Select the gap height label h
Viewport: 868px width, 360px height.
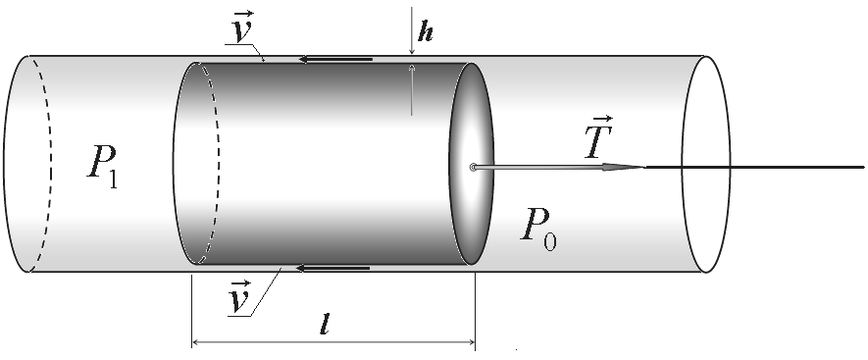(x=425, y=32)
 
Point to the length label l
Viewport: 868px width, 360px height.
(x=325, y=326)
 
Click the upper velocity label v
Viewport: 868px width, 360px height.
(x=242, y=28)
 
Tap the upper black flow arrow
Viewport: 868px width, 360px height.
(x=335, y=59)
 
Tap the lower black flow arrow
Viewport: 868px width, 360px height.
(x=333, y=268)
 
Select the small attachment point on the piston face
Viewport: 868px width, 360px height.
(x=473, y=167)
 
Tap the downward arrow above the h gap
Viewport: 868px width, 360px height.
(x=411, y=30)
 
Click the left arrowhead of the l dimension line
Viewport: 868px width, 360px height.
(x=197, y=343)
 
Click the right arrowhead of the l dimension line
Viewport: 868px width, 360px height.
(x=470, y=343)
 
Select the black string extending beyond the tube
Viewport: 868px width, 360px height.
(x=755, y=167)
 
